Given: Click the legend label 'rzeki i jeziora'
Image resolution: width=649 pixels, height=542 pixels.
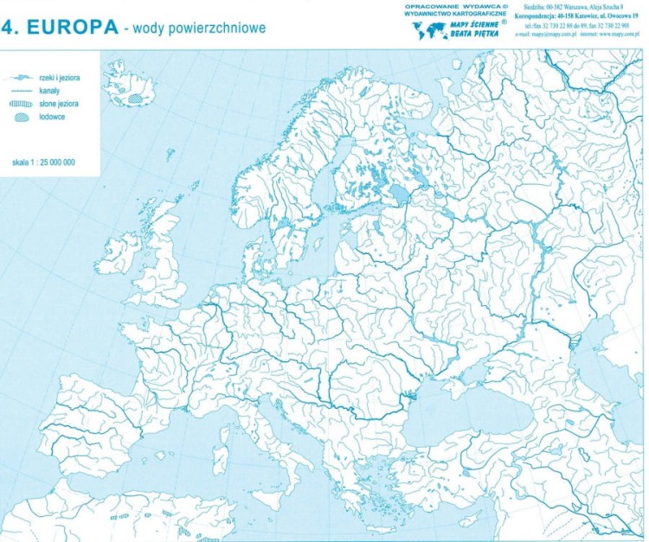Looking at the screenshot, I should (59, 78).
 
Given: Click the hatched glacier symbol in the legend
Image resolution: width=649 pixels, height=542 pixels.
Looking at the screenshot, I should (22, 116).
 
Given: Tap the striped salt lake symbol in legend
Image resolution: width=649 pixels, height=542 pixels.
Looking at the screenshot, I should (22, 103).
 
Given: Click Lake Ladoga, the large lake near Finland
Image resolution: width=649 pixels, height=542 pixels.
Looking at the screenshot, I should (400, 192).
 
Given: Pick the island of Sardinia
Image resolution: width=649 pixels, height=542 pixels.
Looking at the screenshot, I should (222, 451).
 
